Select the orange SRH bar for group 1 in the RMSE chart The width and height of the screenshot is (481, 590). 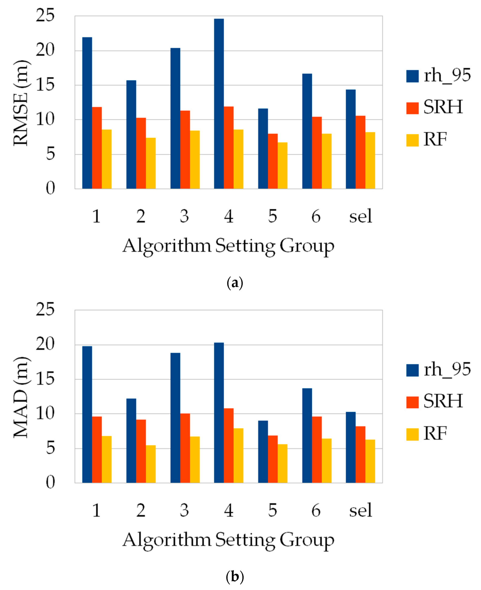click(97, 148)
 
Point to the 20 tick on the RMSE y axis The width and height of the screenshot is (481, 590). click(45, 50)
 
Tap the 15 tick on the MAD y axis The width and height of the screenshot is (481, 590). click(45, 379)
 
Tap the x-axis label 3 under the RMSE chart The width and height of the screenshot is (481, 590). click(184, 216)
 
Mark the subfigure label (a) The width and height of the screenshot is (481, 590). click(235, 283)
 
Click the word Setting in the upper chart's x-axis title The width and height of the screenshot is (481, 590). click(245, 246)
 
